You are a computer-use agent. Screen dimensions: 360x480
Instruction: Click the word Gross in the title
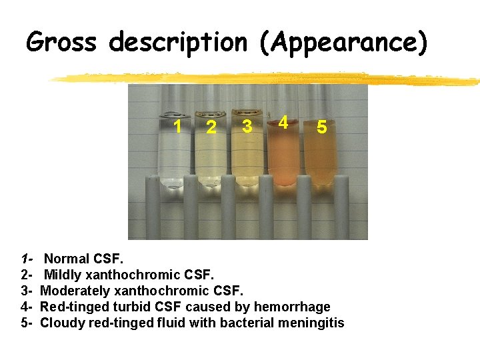[62, 43]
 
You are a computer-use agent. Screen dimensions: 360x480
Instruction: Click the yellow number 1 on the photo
[177, 125]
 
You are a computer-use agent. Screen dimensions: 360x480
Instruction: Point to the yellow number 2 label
[211, 127]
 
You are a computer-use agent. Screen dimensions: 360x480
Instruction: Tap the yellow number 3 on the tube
[247, 125]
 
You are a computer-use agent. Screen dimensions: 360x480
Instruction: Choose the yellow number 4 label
[283, 123]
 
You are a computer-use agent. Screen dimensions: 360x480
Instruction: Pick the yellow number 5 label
[321, 127]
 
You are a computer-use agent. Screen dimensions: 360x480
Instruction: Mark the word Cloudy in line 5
[61, 323]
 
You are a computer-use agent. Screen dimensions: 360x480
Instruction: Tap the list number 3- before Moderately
[27, 291]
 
